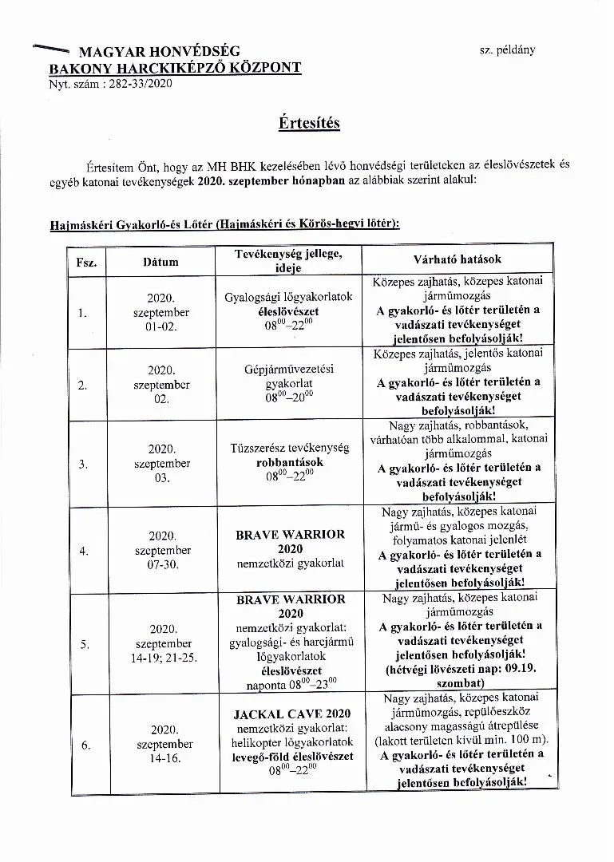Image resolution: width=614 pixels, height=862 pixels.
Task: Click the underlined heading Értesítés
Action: pos(309,123)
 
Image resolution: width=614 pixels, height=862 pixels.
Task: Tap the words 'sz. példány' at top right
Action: pos(507,49)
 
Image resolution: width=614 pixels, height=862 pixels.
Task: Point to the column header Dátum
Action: pos(160,261)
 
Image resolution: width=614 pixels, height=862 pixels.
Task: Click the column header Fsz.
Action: pos(86,262)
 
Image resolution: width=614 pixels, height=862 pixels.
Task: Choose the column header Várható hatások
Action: pos(458,259)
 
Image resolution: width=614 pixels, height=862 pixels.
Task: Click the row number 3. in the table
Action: pos(83,464)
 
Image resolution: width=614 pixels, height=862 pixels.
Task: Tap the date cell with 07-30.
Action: pos(162,564)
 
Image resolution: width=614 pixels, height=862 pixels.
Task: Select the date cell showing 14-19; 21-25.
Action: pos(162,658)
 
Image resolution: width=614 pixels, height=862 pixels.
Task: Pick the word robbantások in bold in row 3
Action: pos(290,462)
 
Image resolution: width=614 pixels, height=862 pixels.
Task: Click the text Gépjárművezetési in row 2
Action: pos(289,370)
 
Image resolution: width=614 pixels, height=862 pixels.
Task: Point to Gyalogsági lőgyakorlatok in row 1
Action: pos(289,297)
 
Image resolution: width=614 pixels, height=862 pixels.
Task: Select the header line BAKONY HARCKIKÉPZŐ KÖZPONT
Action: pos(176,67)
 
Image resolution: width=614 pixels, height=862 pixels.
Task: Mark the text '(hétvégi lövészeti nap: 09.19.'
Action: pos(456,669)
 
